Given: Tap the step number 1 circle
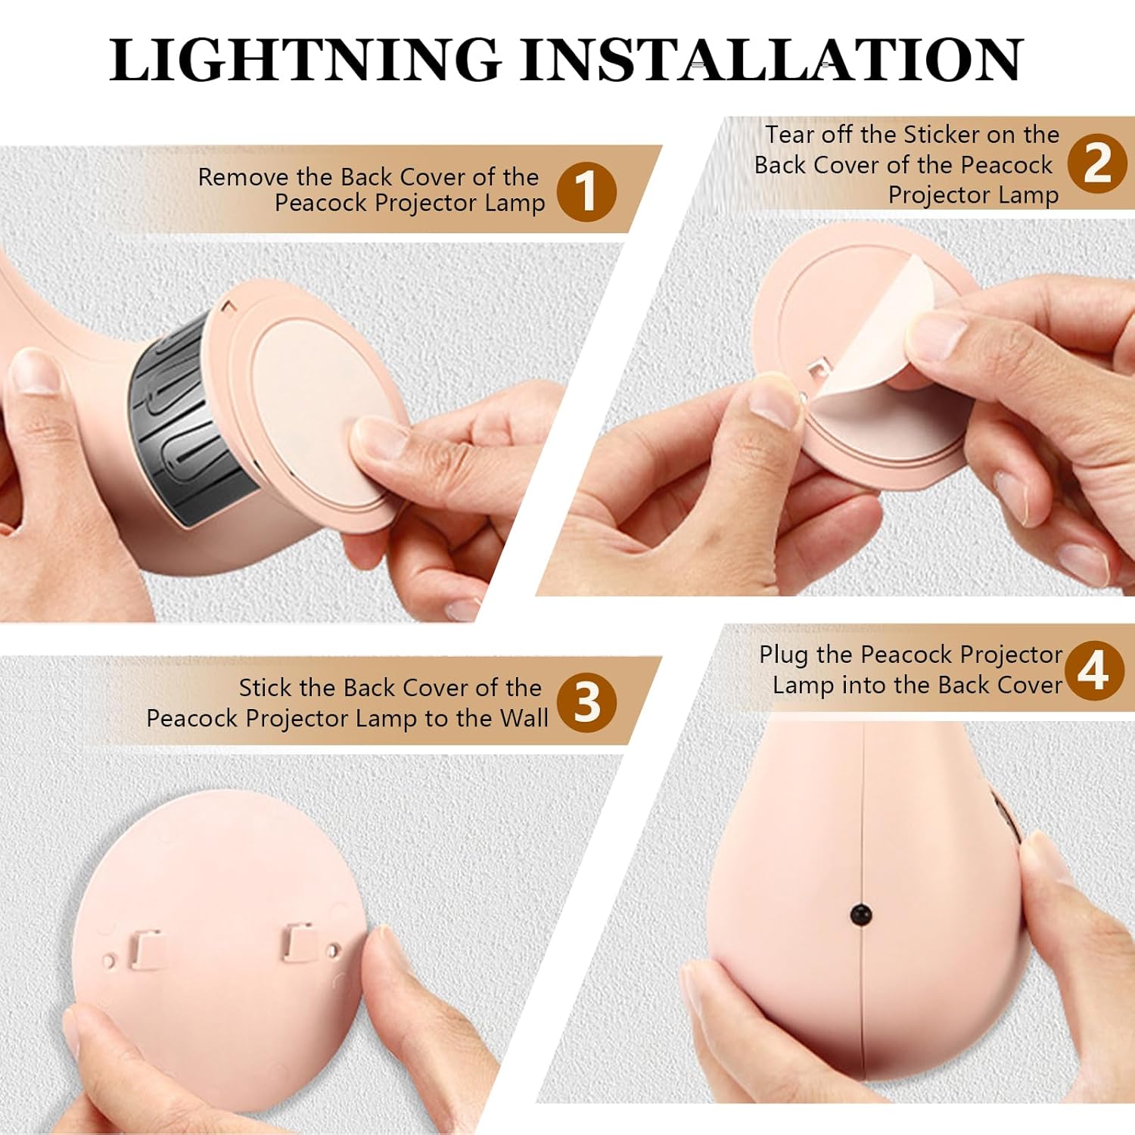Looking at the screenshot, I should (x=586, y=191).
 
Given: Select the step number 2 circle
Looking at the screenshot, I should (x=1096, y=163).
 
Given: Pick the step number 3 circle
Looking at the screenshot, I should (x=586, y=703).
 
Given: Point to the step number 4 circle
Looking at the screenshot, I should (x=1093, y=670).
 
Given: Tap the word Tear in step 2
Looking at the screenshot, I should (x=789, y=135).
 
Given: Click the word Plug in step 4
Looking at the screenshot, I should (x=784, y=655).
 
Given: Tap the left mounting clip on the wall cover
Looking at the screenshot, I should (x=145, y=950).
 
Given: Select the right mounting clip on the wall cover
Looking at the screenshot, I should (x=300, y=942).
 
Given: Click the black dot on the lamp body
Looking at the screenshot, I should (x=861, y=915).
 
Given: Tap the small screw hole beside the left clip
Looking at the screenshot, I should (x=109, y=962).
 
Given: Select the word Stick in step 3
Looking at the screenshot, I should (x=265, y=688).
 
